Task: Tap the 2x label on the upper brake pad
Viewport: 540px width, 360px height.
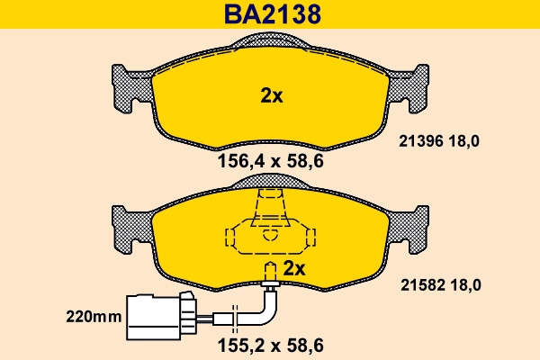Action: tap(271, 96)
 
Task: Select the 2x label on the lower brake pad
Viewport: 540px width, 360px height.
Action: tap(295, 268)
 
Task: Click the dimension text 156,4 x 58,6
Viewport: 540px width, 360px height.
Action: tap(271, 163)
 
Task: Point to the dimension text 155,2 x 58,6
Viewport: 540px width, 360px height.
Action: tap(271, 343)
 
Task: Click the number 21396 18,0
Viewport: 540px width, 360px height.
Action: tap(439, 139)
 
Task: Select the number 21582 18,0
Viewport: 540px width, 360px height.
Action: tap(439, 284)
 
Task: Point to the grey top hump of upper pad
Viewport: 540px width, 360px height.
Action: tap(271, 41)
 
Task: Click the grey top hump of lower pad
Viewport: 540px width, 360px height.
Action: tap(271, 183)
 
